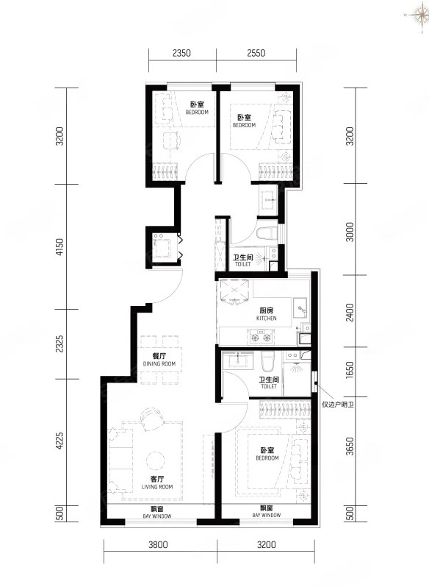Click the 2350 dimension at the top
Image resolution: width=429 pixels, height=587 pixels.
pyautogui.click(x=181, y=53)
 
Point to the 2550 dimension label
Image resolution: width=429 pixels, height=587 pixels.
pyautogui.click(x=256, y=53)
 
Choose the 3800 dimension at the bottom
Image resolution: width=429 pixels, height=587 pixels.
pyautogui.click(x=158, y=544)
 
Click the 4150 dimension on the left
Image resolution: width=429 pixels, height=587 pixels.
pyautogui.click(x=60, y=247)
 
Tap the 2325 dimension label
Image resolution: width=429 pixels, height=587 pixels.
pyautogui.click(x=60, y=344)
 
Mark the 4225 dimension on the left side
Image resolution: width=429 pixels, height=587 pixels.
pyautogui.click(x=60, y=442)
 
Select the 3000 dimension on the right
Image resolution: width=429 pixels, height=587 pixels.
pyautogui.click(x=350, y=232)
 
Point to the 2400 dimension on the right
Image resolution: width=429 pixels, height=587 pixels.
pyautogui.click(x=350, y=313)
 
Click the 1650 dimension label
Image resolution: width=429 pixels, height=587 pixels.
pyautogui.click(x=350, y=370)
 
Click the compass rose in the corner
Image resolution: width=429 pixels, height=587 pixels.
pyautogui.click(x=417, y=15)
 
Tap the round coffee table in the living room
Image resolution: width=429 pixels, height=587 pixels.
pyautogui.click(x=155, y=460)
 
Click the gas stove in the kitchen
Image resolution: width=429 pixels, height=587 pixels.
pyautogui.click(x=261, y=336)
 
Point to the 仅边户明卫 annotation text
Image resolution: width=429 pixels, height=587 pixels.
pyautogui.click(x=337, y=405)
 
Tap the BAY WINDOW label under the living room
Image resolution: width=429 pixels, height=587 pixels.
pyautogui.click(x=157, y=513)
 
